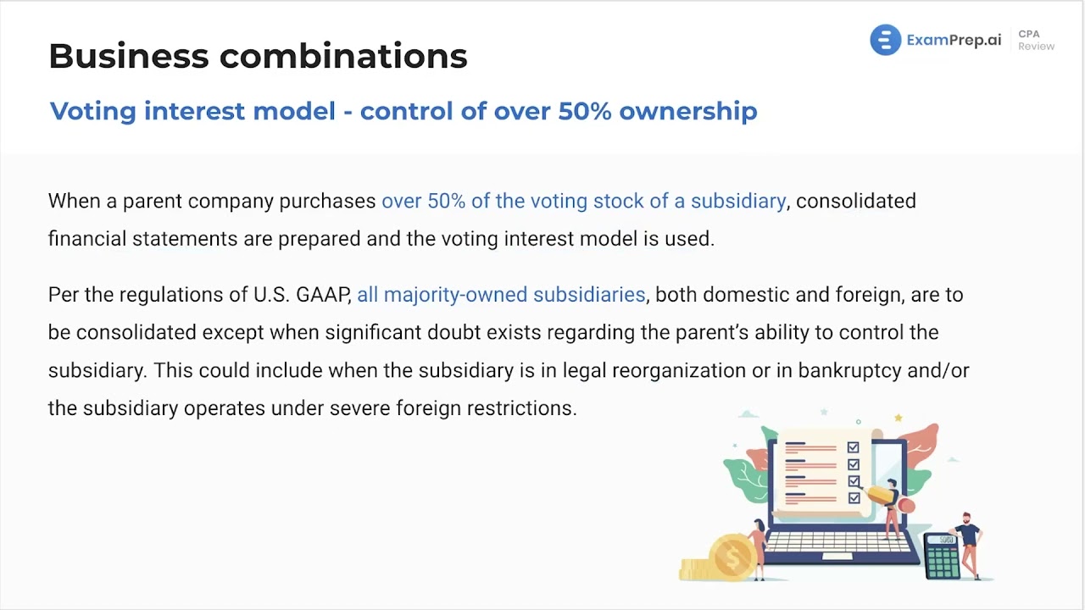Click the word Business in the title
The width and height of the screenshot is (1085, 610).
[127, 56]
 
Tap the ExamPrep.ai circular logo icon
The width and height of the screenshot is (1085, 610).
[885, 40]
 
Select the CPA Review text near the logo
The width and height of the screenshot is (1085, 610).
[1035, 40]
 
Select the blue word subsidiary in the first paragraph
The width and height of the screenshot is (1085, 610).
[737, 201]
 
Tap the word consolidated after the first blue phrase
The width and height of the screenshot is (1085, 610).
[855, 201]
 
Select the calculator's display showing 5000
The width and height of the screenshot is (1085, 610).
[943, 541]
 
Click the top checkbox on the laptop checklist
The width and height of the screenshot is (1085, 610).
[853, 447]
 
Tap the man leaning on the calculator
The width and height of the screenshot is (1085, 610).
[969, 542]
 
